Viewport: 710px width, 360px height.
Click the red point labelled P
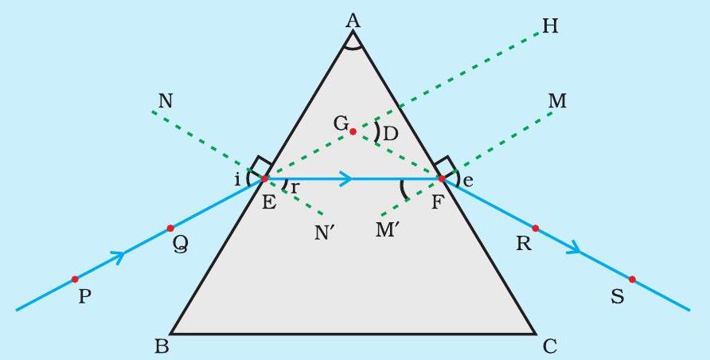[75, 279]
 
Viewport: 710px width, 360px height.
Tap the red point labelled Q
[170, 228]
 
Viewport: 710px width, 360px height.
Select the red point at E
[264, 179]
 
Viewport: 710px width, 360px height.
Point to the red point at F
[442, 179]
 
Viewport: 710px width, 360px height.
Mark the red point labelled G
[353, 131]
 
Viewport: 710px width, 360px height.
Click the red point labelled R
[535, 229]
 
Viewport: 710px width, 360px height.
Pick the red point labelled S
[632, 279]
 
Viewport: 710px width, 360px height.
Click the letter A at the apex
[353, 22]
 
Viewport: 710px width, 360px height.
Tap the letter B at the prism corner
[162, 346]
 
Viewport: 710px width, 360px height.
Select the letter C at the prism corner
[549, 347]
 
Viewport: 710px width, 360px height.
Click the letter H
[550, 27]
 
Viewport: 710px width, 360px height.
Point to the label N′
[325, 233]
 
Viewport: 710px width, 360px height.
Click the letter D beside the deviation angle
[390, 134]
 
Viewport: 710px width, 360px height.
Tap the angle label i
[237, 180]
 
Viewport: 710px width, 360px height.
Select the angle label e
[468, 181]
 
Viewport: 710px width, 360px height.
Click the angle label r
[295, 186]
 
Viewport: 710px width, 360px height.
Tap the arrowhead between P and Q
[118, 257]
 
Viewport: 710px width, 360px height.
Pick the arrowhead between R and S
[573, 247]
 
